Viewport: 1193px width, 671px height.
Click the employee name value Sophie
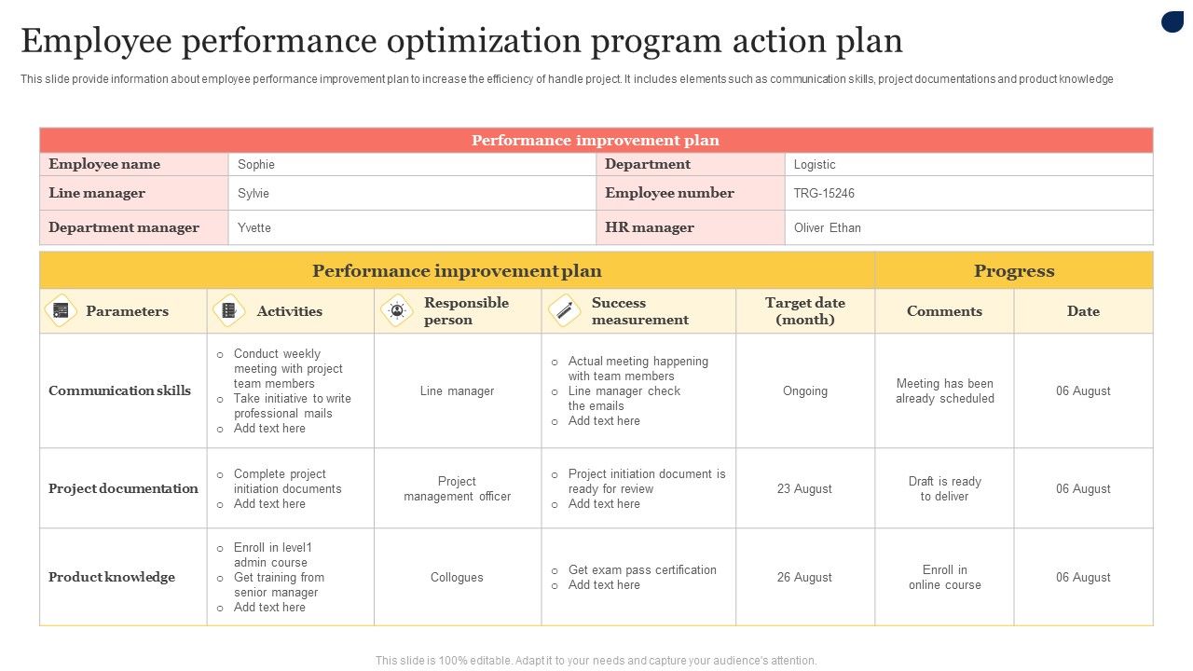click(256, 165)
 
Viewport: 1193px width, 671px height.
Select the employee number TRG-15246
click(824, 194)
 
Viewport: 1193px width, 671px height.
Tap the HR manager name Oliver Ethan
click(827, 227)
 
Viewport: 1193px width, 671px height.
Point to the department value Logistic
click(815, 165)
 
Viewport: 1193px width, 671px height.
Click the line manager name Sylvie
click(254, 194)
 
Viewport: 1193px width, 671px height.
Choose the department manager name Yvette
click(254, 227)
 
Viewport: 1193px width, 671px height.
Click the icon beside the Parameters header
click(61, 310)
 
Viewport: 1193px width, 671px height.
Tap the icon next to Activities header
click(228, 310)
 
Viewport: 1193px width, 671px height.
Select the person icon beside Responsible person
click(397, 310)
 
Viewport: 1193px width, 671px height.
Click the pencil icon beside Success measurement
click(564, 310)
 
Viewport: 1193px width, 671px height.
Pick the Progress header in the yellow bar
click(1014, 271)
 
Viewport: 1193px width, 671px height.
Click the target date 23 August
click(804, 488)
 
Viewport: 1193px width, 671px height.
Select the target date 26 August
click(804, 577)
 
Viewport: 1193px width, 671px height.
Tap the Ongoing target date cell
click(804, 390)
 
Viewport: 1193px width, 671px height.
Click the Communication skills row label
click(119, 390)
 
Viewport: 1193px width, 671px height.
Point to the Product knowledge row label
click(112, 577)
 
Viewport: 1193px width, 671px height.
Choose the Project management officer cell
click(457, 488)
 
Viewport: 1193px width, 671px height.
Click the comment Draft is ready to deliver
click(944, 488)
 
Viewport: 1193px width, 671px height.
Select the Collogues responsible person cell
click(457, 577)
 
